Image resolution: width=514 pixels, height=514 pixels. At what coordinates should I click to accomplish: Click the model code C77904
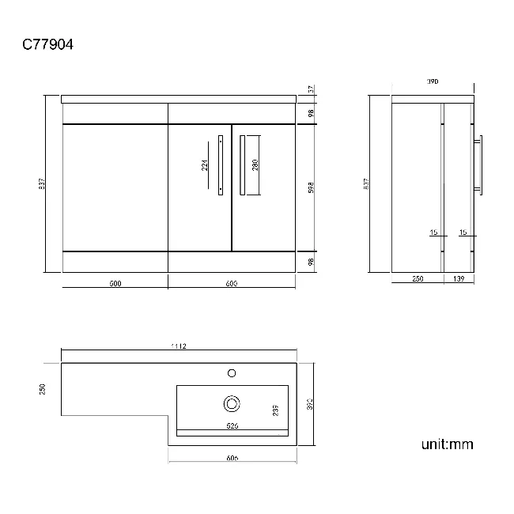point(47,46)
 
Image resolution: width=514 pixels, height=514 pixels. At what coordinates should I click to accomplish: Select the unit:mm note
point(447,444)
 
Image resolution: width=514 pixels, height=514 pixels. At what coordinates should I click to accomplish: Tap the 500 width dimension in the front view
point(115,284)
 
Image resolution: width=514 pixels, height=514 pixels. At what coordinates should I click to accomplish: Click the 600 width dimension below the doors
point(232,284)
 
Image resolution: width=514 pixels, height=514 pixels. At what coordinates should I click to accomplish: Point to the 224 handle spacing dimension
point(204,164)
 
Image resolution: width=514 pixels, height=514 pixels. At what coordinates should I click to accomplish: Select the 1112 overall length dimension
point(178,346)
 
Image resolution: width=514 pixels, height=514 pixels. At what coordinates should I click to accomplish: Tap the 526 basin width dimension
point(232,425)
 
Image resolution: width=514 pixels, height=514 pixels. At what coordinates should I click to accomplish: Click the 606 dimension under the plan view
point(232,458)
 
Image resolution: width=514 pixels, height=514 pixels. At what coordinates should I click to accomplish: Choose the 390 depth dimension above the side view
point(433,81)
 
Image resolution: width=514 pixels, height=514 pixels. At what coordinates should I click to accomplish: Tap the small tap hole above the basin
point(232,372)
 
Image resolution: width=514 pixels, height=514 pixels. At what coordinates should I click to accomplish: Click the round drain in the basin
point(232,403)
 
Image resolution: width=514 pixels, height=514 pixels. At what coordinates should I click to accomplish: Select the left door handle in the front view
point(221,164)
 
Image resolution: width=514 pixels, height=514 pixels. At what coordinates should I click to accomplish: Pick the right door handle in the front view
point(241,164)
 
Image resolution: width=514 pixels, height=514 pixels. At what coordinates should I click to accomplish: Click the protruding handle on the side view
point(478,164)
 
